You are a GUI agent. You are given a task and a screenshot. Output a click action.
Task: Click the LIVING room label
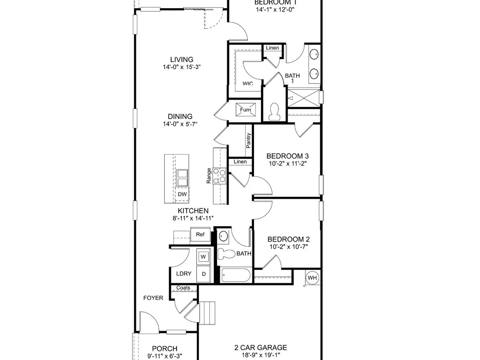coord(182,60)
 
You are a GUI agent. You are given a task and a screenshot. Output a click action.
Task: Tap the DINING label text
coord(180,116)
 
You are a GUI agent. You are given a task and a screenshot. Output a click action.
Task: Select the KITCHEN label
coord(193,211)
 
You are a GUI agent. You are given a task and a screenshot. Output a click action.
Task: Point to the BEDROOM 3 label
coord(288,156)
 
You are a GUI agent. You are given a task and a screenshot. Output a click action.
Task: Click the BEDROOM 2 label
coord(288,239)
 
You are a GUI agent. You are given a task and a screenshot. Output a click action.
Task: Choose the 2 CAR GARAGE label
coord(261,348)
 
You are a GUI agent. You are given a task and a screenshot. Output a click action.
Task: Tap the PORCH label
coord(165,348)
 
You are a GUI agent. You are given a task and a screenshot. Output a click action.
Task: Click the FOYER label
coord(154,298)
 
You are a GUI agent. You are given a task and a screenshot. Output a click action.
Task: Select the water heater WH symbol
coord(312,278)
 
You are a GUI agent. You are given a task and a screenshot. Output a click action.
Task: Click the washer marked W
coord(204,256)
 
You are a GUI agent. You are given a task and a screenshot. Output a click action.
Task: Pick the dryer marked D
coord(204,274)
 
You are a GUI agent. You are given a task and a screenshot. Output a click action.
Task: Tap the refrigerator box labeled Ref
coord(200,235)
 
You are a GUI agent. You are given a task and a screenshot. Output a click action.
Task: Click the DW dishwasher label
coord(182,194)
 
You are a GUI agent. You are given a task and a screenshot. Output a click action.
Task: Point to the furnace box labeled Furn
coord(245,109)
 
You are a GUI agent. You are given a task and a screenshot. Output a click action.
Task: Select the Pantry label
coord(249,141)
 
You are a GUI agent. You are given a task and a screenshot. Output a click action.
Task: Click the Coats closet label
coord(183,288)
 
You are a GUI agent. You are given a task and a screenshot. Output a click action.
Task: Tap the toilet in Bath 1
coord(274,112)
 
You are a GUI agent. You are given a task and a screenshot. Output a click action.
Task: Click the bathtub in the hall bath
coord(236,275)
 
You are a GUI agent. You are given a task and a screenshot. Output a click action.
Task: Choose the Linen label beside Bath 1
coord(273,48)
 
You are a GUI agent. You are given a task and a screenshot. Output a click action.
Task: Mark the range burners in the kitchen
coord(219,176)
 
